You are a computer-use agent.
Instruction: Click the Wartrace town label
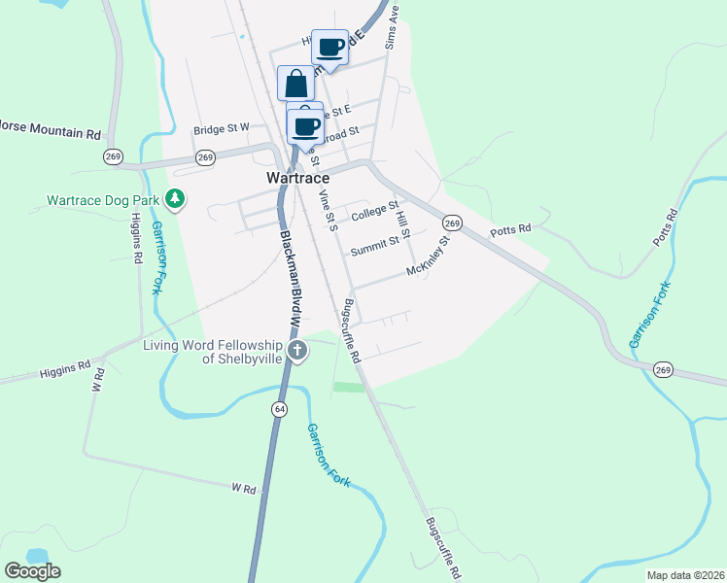click(298, 179)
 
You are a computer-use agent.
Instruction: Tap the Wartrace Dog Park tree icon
click(175, 200)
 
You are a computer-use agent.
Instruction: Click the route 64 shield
click(280, 409)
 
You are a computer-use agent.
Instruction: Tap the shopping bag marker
click(295, 83)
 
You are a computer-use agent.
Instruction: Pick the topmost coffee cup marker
click(330, 47)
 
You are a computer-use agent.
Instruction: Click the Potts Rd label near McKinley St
click(510, 230)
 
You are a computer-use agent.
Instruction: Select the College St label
click(374, 210)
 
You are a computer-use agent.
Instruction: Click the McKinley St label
click(430, 256)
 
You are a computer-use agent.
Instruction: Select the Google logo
click(32, 571)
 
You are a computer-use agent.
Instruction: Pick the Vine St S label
click(327, 211)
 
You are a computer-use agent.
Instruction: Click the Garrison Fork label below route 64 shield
click(328, 455)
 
